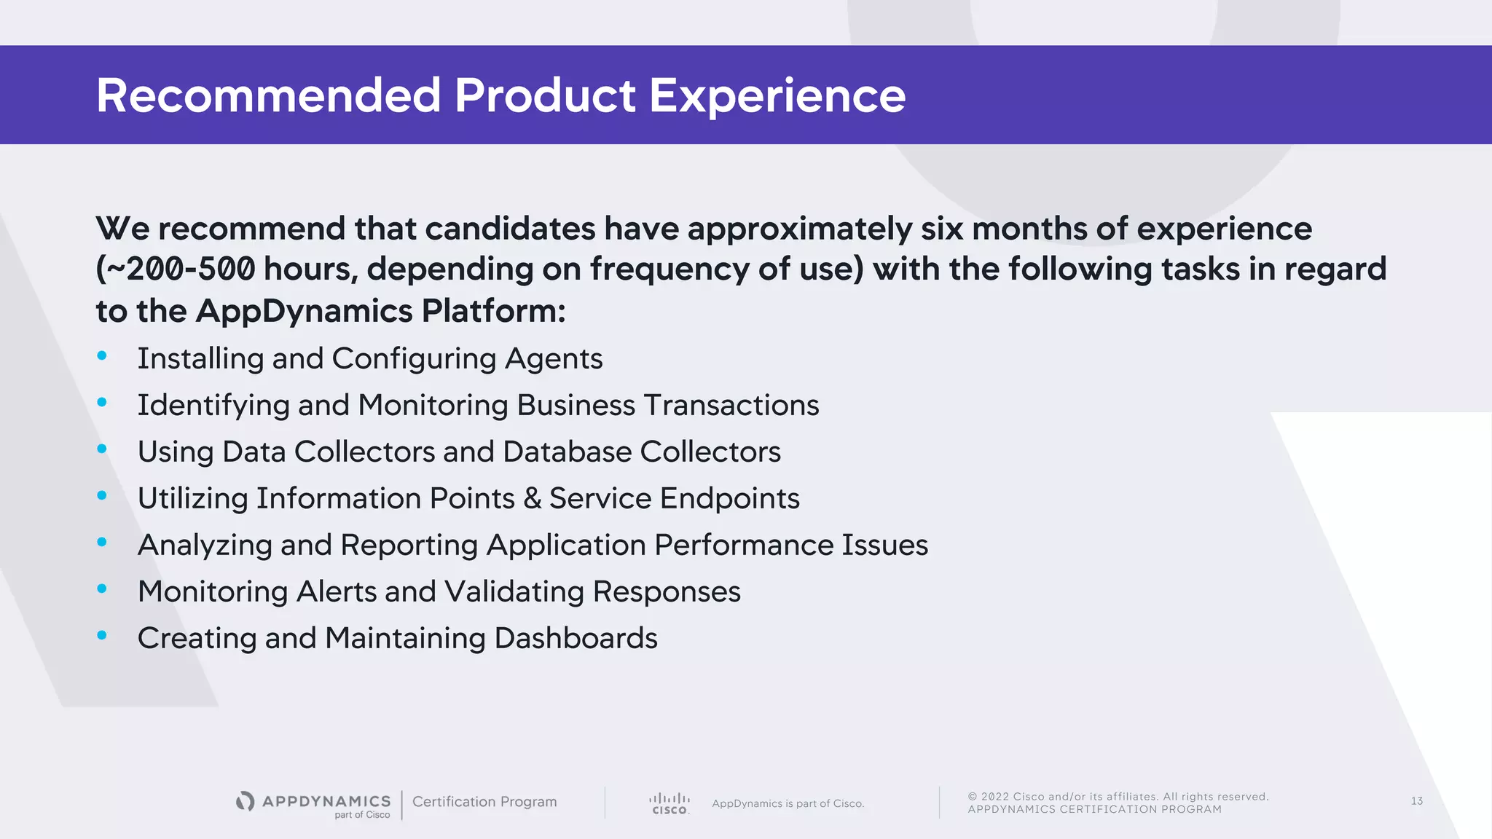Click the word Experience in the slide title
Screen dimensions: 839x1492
777,96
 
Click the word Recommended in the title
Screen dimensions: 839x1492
268,95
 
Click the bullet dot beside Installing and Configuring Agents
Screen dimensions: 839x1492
102,355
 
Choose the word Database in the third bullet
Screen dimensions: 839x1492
567,452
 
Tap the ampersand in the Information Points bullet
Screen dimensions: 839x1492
533,498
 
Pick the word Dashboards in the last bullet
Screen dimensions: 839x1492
576,638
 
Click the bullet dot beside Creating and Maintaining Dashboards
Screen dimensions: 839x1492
102,635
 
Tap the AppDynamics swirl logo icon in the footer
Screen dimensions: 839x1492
246,801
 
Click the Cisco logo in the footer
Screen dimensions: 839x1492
669,803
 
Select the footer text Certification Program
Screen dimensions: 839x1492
484,801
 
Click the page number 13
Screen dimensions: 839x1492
1416,801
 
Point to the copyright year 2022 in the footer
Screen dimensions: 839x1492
994,797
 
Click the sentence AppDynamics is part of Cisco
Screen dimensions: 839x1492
788,803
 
